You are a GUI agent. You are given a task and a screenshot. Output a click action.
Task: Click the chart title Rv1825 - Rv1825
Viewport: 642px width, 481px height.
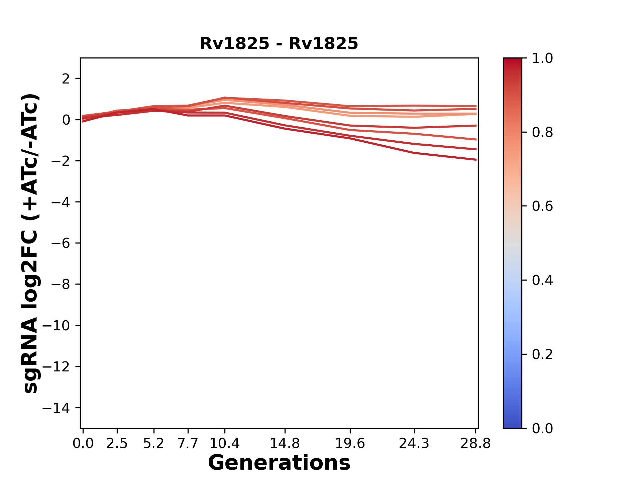coord(279,44)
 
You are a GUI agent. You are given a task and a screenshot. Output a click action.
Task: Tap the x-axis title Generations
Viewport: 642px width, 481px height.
coord(279,463)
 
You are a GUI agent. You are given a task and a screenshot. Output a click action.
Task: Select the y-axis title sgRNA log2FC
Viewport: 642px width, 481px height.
coord(31,243)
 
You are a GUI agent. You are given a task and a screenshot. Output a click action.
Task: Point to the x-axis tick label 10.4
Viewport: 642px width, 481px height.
coord(224,444)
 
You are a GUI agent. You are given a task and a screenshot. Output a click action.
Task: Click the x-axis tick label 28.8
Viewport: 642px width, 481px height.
coord(475,444)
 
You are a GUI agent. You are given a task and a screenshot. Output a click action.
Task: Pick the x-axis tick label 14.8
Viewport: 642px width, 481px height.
coord(285,444)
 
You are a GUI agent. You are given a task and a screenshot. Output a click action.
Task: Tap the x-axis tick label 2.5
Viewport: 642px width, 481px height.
coord(117,444)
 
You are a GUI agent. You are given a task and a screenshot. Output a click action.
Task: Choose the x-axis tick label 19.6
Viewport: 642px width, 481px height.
coord(350,444)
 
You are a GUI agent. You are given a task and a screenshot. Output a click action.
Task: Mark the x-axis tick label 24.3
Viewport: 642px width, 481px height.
coord(414,444)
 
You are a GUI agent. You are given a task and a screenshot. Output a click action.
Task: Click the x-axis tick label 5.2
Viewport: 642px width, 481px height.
coord(153,444)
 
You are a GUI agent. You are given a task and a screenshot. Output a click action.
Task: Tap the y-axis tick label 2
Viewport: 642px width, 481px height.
coord(66,79)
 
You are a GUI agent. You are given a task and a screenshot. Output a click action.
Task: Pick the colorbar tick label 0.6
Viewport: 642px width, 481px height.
coord(542,206)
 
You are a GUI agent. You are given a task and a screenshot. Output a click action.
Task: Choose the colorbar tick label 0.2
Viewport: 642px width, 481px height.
coord(542,354)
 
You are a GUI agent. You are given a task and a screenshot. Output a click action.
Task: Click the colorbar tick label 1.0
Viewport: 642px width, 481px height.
coord(542,58)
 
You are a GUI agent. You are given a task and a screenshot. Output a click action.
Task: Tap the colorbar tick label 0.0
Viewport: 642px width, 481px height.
coord(542,429)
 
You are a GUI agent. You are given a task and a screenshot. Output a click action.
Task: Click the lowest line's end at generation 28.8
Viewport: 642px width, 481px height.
coord(476,160)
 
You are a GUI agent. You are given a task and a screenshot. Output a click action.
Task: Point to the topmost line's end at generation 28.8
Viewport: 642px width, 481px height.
coord(476,106)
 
